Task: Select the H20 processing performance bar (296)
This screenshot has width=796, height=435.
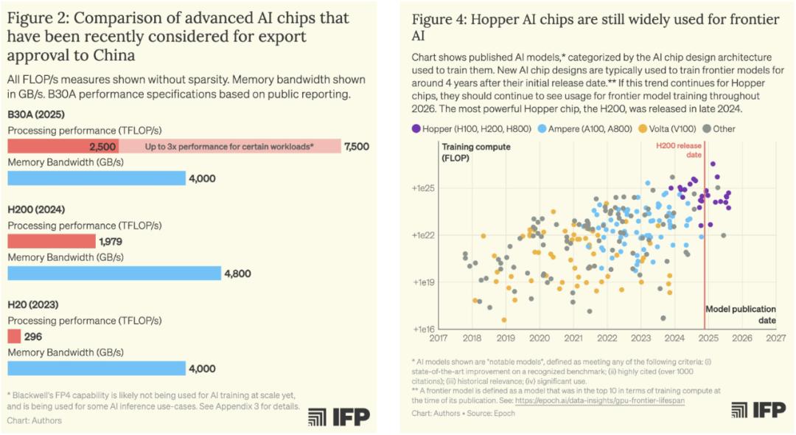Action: tap(14, 336)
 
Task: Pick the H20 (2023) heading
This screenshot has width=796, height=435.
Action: tap(32, 304)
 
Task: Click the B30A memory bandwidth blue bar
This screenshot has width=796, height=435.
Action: tap(96, 178)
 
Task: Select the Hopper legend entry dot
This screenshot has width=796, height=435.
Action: tap(417, 128)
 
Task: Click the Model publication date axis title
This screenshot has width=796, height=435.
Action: tap(740, 315)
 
